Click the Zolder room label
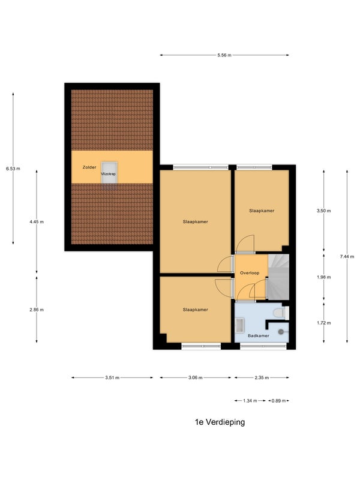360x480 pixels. click(89, 167)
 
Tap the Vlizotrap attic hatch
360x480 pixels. click(109, 173)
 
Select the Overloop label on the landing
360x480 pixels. click(250, 273)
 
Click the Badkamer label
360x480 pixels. click(259, 335)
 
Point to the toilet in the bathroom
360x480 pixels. click(281, 313)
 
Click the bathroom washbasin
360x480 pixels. click(239, 325)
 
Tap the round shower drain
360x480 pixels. click(281, 332)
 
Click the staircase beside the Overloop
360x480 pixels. click(278, 277)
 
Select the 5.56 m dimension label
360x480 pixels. click(224, 55)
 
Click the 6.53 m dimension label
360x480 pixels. click(13, 169)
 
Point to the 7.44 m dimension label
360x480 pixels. click(347, 257)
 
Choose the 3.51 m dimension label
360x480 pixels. click(112, 377)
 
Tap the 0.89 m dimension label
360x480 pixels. click(278, 400)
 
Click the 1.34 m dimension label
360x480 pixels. click(250, 400)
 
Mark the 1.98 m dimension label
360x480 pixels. click(323, 277)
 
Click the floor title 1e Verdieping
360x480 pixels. click(220, 422)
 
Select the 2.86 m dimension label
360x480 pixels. click(37, 310)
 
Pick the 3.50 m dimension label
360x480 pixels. click(323, 211)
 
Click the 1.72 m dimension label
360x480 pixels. click(323, 323)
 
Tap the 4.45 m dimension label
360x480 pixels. click(37, 221)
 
